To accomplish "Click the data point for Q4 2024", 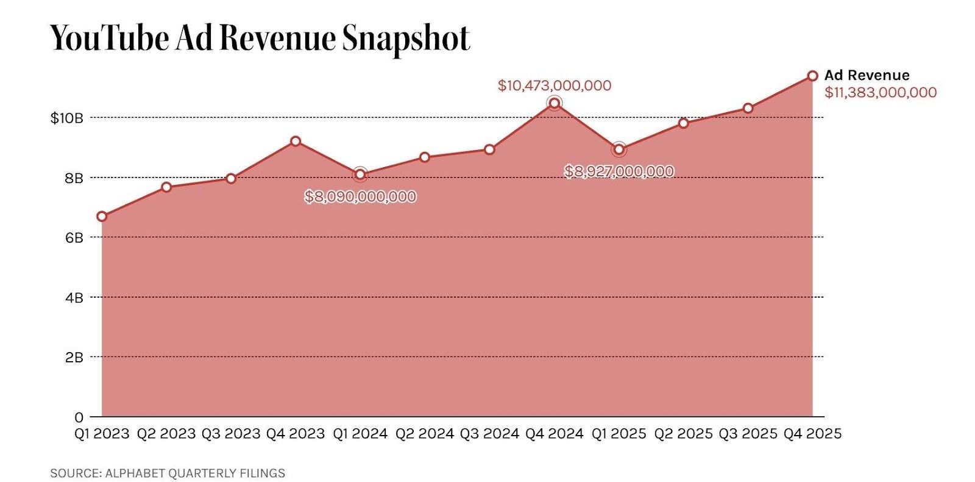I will tap(554, 103).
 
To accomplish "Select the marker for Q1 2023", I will tap(102, 217).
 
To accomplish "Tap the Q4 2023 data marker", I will tap(296, 141).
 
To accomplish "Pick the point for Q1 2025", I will tap(619, 149).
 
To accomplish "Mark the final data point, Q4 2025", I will tap(812, 76).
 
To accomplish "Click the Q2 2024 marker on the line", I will tap(425, 157).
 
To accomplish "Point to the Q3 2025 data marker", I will tap(748, 109).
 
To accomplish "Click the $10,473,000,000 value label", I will tap(554, 85).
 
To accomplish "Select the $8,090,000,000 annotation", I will tap(360, 196).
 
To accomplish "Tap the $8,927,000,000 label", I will tap(619, 171).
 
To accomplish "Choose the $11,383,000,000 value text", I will tap(881, 93).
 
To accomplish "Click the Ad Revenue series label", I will tap(867, 75).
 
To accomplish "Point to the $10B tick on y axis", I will tap(66, 118).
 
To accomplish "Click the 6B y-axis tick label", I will tap(74, 238).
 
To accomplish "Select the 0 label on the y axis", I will tap(79, 417).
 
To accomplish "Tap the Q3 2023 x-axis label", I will tap(231, 434).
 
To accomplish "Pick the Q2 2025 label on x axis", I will tap(683, 434).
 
